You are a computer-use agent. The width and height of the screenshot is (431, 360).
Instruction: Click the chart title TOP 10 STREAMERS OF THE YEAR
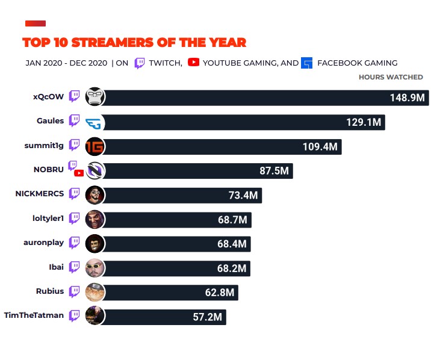tap(134, 43)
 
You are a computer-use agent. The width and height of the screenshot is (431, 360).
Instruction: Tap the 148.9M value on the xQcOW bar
tap(408, 98)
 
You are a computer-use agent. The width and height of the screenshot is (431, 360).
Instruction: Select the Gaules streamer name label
tap(50, 121)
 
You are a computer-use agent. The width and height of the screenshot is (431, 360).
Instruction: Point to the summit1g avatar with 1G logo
tap(95, 146)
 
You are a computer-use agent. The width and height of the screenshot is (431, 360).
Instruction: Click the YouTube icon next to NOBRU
tap(79, 173)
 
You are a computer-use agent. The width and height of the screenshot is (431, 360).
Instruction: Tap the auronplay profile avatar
tap(95, 243)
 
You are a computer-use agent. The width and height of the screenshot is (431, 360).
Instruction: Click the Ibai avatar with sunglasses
tap(95, 267)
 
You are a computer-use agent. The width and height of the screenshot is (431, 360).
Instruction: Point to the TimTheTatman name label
tap(34, 315)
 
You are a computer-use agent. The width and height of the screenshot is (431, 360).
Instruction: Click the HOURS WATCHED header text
tap(391, 77)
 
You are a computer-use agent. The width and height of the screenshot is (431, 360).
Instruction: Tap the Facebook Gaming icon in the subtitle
tap(307, 63)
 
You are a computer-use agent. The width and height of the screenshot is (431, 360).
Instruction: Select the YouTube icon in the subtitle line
tap(193, 62)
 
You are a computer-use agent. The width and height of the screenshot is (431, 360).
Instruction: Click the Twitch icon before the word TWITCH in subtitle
tap(139, 63)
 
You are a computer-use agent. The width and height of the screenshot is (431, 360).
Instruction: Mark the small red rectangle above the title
tap(36, 23)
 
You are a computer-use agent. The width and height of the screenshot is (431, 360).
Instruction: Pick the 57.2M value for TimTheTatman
tap(208, 317)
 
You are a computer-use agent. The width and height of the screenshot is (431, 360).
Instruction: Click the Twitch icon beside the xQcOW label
tap(75, 96)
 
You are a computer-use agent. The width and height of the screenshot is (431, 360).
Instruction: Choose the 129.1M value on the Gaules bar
tap(363, 122)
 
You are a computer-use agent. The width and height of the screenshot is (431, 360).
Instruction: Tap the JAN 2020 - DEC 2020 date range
tap(66, 63)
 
